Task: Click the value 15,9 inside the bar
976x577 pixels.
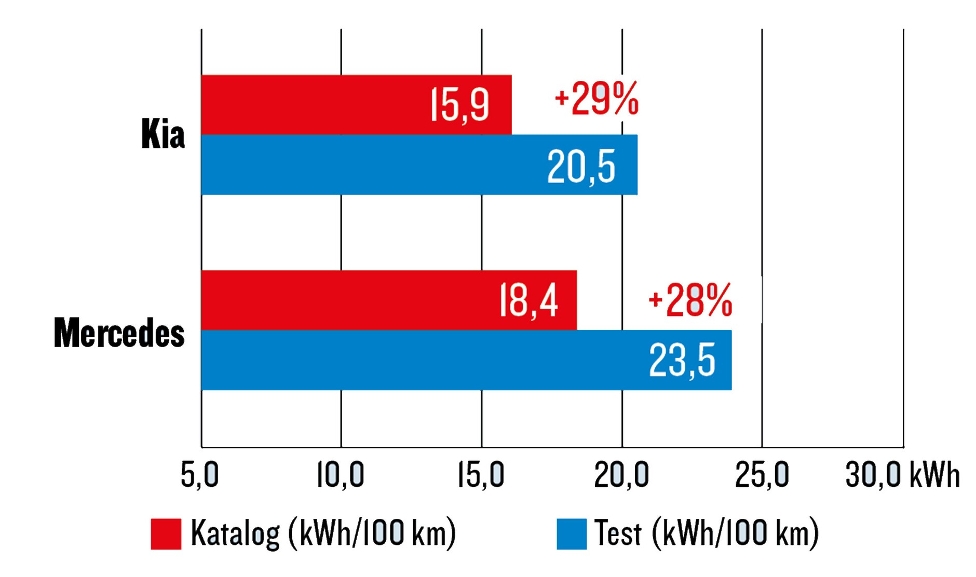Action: pos(459,105)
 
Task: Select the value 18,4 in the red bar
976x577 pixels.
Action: pos(528,300)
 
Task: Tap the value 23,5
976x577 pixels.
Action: pos(682,361)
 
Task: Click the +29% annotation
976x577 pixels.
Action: pos(597,99)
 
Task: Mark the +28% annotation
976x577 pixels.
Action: pos(690,300)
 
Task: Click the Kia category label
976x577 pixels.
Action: pos(162,134)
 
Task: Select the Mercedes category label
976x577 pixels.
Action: pos(119,333)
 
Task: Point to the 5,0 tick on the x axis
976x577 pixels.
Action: pos(199,474)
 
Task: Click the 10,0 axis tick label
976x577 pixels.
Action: pos(341,474)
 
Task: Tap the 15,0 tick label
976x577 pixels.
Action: pos(481,474)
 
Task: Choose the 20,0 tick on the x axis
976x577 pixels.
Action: pos(621,474)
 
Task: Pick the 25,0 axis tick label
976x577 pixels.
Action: pos(762,474)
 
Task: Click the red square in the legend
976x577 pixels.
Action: pos(166,533)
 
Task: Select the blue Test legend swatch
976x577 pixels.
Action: pos(572,533)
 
